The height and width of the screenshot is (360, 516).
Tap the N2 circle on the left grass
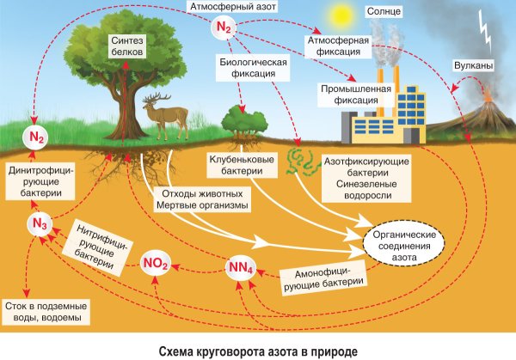(37, 137)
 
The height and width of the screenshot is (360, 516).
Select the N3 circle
(37, 224)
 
